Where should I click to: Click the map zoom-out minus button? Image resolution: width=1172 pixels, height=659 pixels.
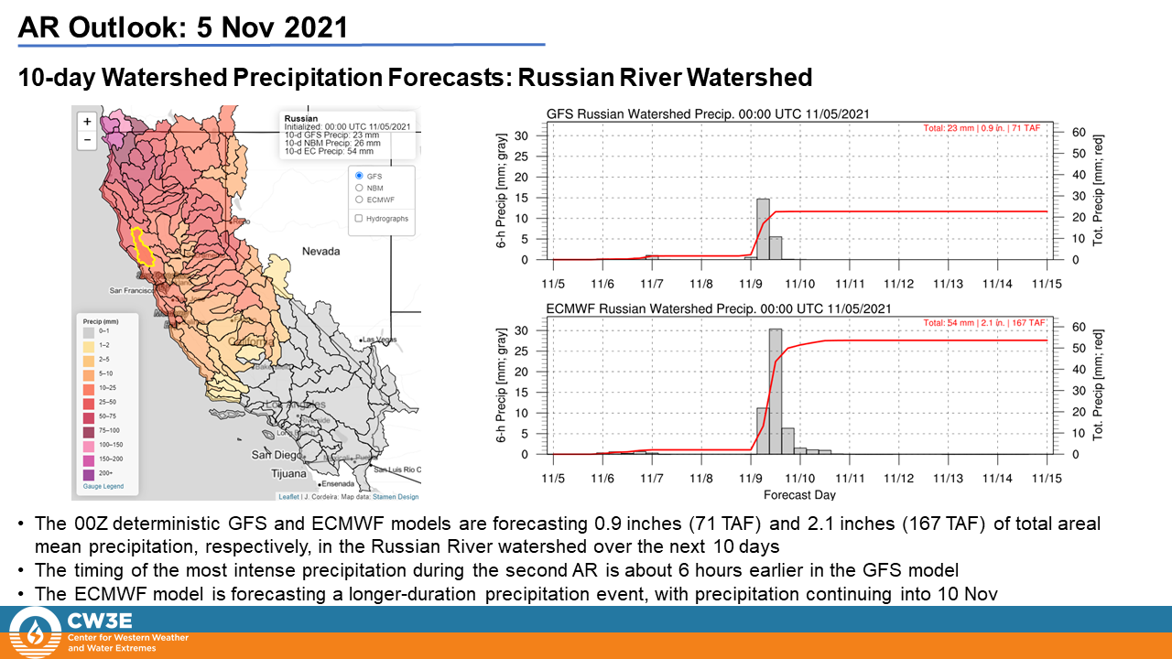coord(86,140)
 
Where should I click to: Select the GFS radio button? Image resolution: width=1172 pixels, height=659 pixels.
coord(359,175)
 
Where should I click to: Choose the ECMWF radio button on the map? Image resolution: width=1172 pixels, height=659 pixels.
coord(359,199)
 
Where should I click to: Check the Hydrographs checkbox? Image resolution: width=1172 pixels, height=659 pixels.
coord(359,219)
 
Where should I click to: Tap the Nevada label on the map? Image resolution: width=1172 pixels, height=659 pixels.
coord(322,251)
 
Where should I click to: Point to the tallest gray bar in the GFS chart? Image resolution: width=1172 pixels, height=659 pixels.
coord(763,229)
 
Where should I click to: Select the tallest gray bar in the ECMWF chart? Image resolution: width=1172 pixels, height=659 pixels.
coord(776,391)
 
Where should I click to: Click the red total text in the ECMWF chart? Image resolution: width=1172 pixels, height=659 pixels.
coord(984,324)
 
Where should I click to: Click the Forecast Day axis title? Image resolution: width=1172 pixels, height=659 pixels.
coord(800,495)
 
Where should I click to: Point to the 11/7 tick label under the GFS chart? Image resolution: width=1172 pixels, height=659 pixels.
coord(652,285)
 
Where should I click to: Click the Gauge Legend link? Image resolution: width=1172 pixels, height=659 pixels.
coord(103,486)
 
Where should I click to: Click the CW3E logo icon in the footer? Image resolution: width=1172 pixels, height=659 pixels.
coord(34,632)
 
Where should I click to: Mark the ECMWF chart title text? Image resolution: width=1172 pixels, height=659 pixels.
coord(719,309)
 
